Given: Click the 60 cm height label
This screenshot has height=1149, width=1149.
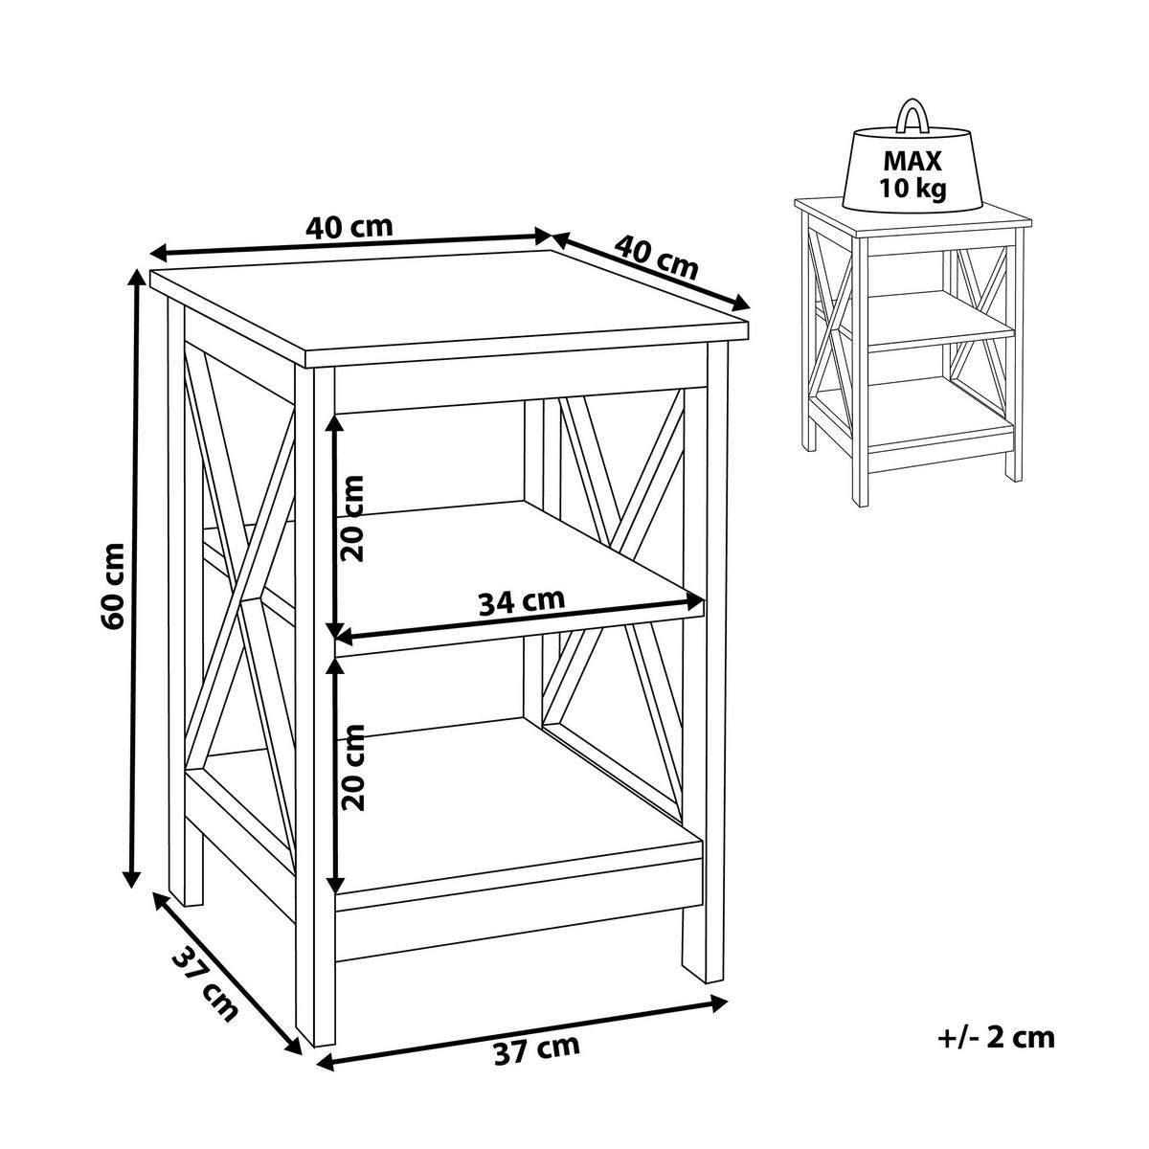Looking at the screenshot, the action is coord(113,586).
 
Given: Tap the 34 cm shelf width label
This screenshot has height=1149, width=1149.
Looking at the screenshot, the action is coord(521,601).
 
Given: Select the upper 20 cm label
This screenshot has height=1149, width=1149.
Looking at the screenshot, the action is coord(350,519).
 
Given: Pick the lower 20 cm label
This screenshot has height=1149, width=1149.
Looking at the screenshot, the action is coord(350,767).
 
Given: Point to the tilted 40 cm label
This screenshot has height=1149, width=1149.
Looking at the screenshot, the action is coord(655,258).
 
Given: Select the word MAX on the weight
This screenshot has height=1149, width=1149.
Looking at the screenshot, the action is coord(912,161).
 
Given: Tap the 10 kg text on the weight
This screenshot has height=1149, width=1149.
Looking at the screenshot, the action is coord(912,189).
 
